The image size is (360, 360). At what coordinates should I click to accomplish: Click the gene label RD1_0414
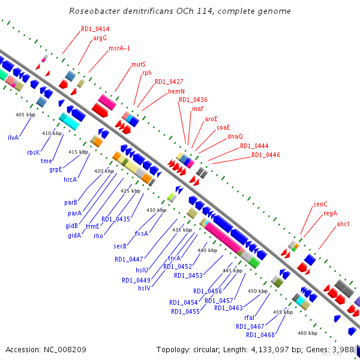[x=95, y=29]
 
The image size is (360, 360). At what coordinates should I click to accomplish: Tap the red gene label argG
[x=100, y=38]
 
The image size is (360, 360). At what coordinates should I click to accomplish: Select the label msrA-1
[x=119, y=48]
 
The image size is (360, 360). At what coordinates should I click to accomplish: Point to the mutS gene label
[x=139, y=64]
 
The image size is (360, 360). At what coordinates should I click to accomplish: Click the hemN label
[x=176, y=91]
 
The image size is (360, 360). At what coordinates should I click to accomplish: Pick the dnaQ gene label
[x=235, y=136]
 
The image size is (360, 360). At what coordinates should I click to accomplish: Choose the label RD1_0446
[x=265, y=155]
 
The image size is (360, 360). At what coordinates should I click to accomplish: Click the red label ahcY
[x=343, y=224]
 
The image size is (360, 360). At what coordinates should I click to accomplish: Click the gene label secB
[x=120, y=246]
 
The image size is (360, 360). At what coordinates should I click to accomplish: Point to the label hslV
[x=144, y=287]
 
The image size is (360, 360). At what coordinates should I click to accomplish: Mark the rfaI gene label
[x=250, y=317]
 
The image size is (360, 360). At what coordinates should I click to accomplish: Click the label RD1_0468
[x=260, y=334]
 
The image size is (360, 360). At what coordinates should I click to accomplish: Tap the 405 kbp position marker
[x=25, y=114]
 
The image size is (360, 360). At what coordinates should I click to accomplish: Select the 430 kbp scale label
[x=155, y=210]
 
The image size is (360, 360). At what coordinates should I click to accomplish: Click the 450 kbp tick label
[x=257, y=291]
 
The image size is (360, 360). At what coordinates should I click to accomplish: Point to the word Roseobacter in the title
[x=93, y=11]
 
